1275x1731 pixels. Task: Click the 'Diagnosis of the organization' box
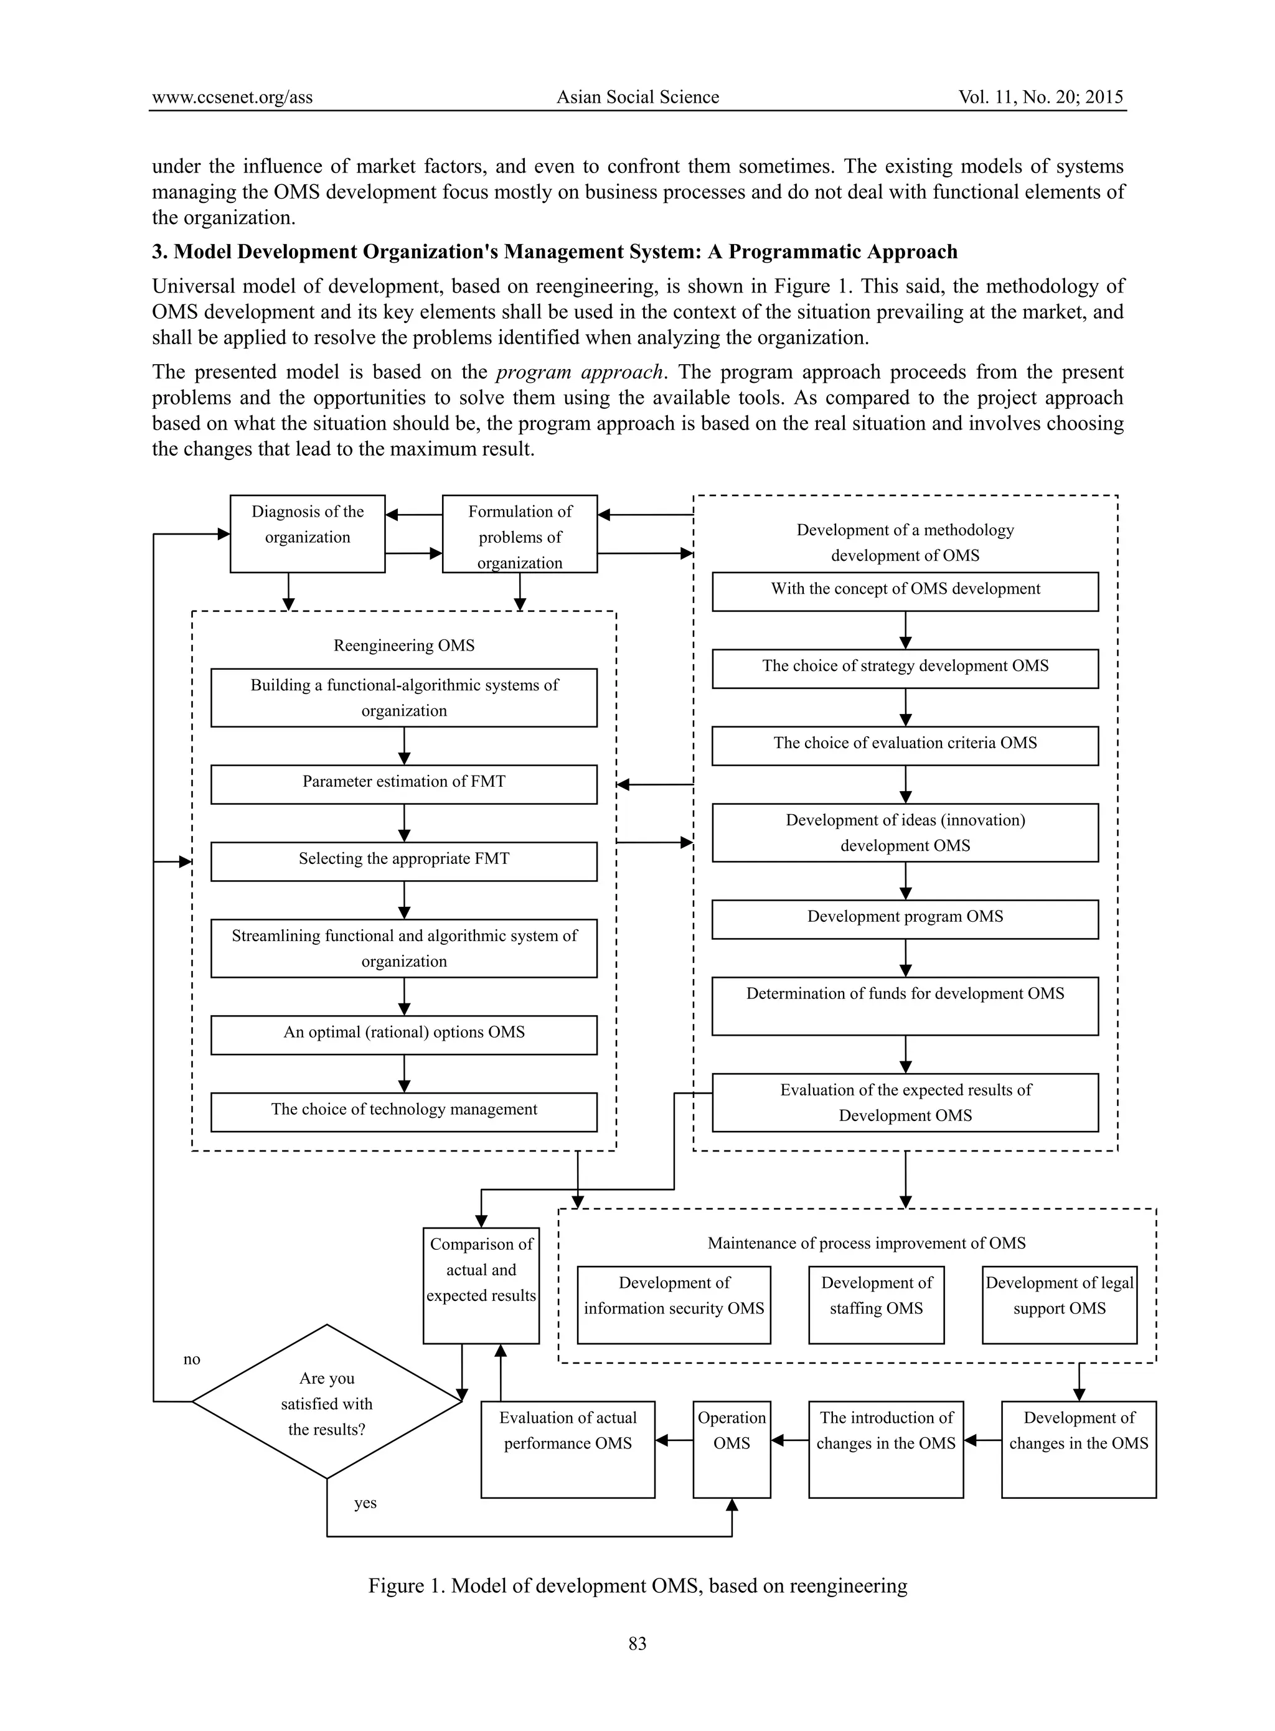point(307,533)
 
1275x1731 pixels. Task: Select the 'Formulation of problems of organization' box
point(519,534)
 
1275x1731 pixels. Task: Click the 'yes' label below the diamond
point(365,1503)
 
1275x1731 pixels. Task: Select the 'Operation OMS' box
point(731,1448)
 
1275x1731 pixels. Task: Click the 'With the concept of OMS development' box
point(905,591)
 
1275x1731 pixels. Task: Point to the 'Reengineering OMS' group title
point(403,645)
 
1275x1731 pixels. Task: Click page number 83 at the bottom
point(637,1643)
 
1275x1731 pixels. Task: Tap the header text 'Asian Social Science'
point(637,97)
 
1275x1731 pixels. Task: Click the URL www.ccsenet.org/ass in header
point(232,97)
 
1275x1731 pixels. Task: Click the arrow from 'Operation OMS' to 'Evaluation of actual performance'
point(674,1440)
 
